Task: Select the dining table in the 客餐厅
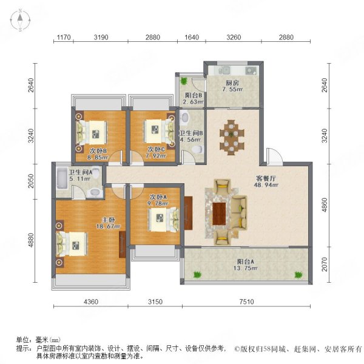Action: [x=232, y=134]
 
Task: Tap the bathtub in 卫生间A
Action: [x=64, y=180]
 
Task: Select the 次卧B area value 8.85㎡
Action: [x=98, y=157]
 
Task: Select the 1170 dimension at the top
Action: [x=64, y=38]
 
